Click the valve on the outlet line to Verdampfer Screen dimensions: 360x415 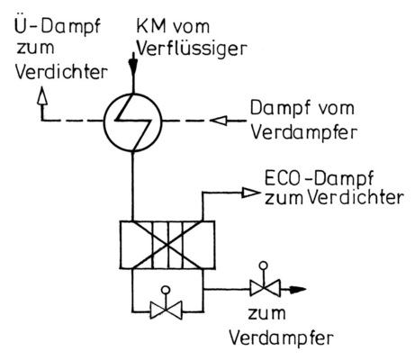(x=261, y=290)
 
